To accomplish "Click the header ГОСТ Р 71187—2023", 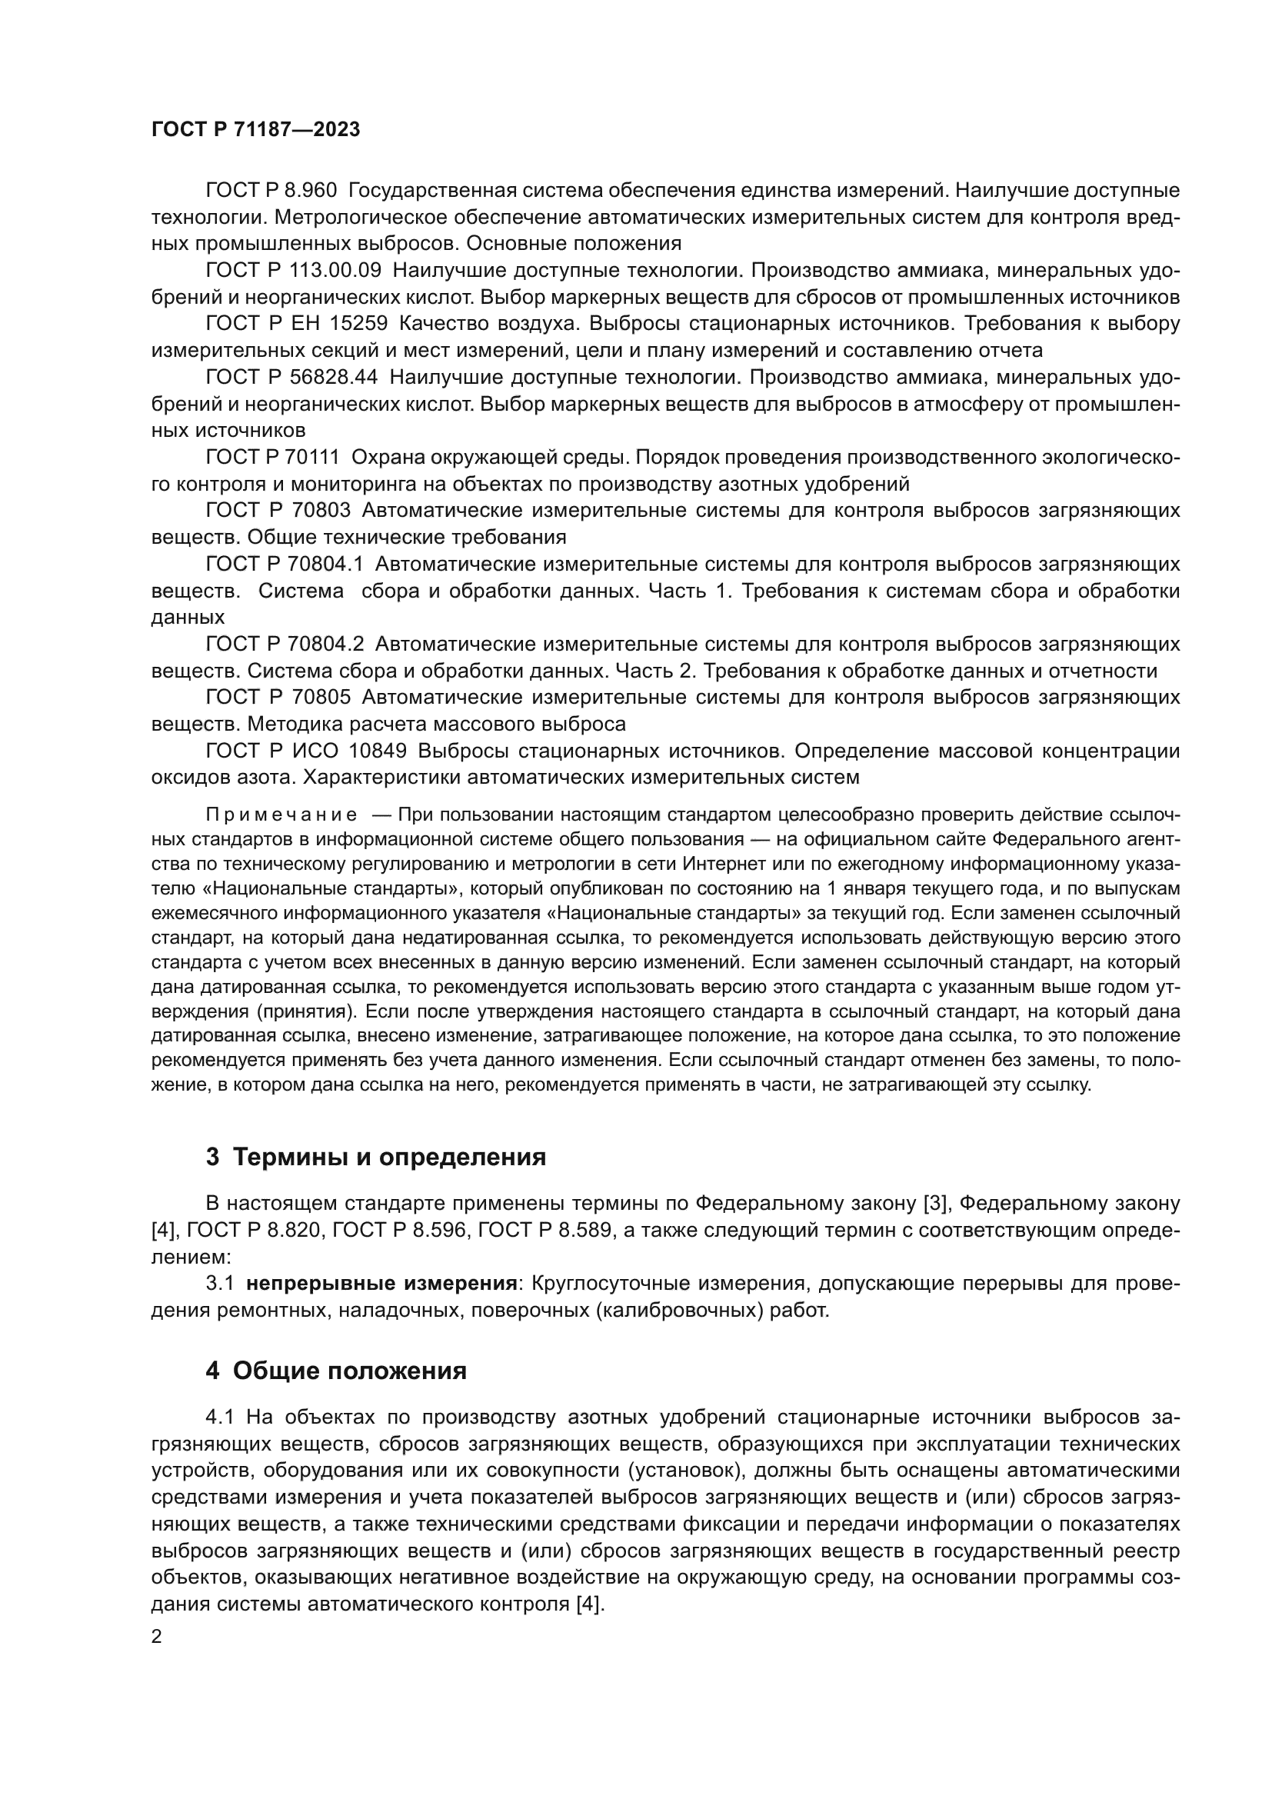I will coord(255,130).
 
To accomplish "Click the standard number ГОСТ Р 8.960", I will coord(271,191).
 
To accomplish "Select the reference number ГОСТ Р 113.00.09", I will coord(293,270).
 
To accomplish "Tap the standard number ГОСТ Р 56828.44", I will coord(291,378).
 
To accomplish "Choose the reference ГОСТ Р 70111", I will coord(272,458).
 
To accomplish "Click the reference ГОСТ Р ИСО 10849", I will coord(306,751).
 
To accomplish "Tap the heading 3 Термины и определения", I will coord(376,1158).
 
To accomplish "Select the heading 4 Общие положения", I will coord(336,1371).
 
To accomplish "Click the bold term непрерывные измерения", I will coord(381,1284).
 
